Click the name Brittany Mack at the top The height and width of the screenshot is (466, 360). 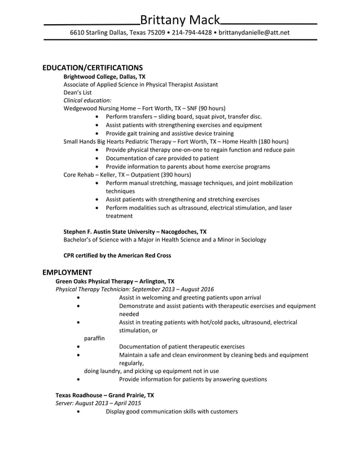point(179,20)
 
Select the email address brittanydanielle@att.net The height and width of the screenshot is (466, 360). point(254,33)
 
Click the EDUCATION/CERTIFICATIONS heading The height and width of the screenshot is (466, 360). point(93,67)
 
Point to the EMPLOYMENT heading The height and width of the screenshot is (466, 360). point(67,272)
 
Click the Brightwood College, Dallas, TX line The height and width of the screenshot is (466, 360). point(104,76)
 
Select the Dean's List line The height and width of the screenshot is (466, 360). point(77,92)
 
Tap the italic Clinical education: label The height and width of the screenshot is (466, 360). point(87,100)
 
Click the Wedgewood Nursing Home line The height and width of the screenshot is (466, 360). point(144,108)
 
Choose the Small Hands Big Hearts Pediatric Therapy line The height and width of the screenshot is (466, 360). point(176,142)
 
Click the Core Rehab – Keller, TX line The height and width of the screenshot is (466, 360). point(128,175)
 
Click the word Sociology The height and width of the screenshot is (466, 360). point(252,240)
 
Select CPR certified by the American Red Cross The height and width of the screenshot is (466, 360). point(117,256)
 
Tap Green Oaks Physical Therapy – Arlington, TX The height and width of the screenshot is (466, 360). point(115,281)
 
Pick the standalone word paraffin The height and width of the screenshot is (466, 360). point(94,338)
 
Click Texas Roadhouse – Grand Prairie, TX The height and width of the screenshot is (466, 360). point(104,395)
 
